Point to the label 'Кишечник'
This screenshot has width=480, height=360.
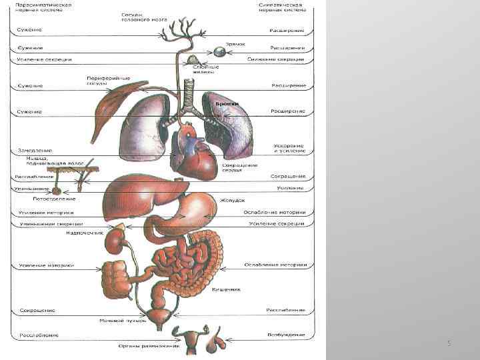point(225,290)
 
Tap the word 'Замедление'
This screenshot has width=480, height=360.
point(35,151)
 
